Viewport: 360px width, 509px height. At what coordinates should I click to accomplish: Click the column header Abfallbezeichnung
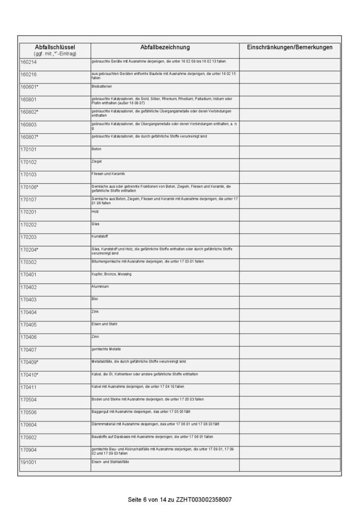[x=165, y=47]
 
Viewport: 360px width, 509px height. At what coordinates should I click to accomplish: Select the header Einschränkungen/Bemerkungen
[x=290, y=47]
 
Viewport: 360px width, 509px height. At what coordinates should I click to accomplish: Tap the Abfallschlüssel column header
[x=55, y=47]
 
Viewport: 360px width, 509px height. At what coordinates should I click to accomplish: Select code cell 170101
[x=28, y=150]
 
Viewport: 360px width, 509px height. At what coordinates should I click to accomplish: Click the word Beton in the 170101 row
[x=96, y=149]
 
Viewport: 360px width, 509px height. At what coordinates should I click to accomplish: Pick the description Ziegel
[x=96, y=161]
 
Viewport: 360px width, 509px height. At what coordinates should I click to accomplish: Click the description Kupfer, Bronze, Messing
[x=111, y=274]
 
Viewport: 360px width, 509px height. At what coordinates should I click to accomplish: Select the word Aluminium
[x=99, y=286]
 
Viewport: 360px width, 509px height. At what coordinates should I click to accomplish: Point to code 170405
[x=28, y=325]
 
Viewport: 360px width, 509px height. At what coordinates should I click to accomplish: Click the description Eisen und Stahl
[x=104, y=324]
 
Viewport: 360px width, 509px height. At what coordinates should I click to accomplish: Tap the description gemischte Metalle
[x=106, y=349]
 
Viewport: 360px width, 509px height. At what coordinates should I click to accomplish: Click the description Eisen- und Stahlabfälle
[x=110, y=462]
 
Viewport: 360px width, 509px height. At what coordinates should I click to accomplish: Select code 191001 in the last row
[x=28, y=463]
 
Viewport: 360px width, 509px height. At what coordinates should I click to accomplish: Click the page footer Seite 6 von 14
[x=150, y=499]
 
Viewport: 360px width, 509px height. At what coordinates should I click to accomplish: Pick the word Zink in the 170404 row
[x=95, y=311]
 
